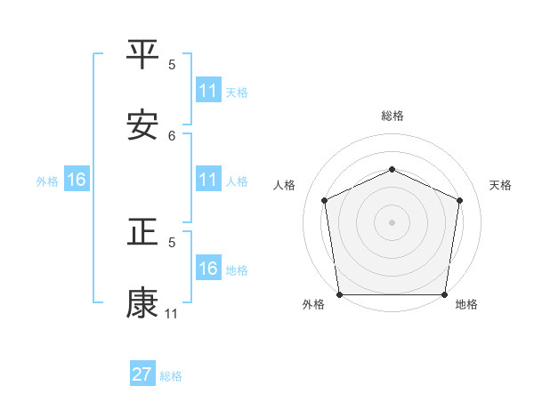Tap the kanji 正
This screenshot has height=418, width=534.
point(142,233)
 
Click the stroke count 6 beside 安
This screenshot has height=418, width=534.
point(172,135)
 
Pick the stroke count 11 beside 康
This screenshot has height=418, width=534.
point(172,313)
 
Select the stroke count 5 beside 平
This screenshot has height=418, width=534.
point(172,64)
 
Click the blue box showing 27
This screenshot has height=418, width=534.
point(142,374)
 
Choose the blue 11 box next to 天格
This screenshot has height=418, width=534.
point(208,91)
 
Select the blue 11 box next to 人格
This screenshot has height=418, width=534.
point(208,180)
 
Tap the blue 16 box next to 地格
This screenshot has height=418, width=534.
point(208,269)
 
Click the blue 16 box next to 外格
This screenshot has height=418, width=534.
point(77,180)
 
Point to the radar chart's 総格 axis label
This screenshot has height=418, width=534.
point(392,116)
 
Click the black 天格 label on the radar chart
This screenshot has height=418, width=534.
point(501,185)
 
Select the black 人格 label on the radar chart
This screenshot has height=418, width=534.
point(284,185)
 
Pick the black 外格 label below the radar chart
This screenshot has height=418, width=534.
point(313,305)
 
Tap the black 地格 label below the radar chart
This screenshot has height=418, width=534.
point(466,305)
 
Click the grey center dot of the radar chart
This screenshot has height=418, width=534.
point(392,222)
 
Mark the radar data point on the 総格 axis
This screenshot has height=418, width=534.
point(392,168)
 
